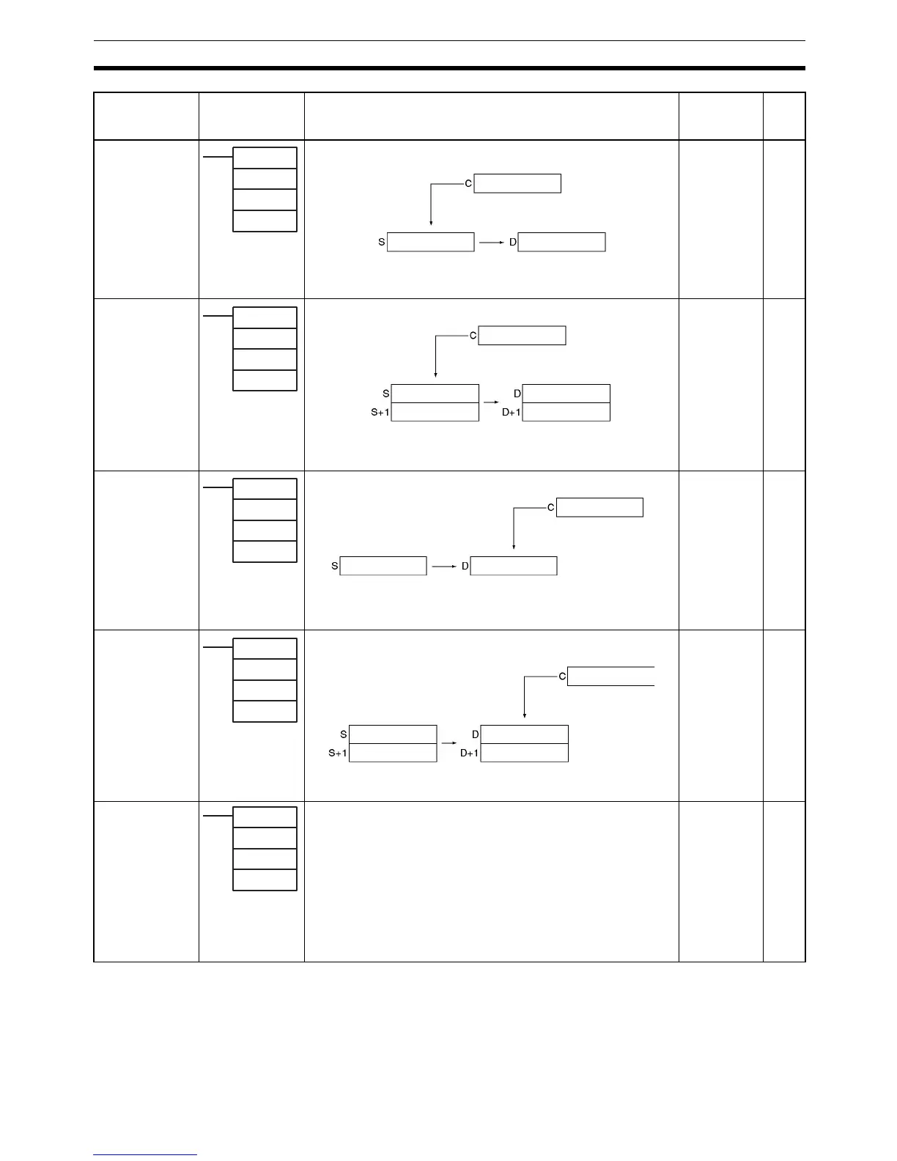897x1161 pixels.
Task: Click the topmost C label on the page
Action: (468, 183)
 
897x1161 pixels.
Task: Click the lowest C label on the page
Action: (562, 676)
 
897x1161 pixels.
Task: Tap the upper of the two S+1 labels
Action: (380, 413)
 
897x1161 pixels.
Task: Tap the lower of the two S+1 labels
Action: (338, 753)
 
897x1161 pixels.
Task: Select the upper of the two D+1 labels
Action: (512, 413)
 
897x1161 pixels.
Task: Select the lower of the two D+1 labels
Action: (469, 753)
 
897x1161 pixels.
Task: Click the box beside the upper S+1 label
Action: (435, 412)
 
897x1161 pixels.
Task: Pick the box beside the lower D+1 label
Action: (525, 753)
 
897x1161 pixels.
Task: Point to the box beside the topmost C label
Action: (517, 183)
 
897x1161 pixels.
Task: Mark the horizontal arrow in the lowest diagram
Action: (449, 742)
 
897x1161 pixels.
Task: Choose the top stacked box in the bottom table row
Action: (265, 817)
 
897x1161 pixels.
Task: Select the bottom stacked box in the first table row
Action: (265, 221)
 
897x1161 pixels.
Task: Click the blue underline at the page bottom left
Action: (145, 1155)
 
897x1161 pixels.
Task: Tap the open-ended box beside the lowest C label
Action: (611, 676)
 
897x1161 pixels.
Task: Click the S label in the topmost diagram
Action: (382, 242)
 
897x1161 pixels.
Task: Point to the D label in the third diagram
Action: (465, 566)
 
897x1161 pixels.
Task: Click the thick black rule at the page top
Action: (449, 68)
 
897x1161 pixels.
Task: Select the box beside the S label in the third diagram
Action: (383, 566)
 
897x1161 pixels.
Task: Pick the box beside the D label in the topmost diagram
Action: (562, 242)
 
